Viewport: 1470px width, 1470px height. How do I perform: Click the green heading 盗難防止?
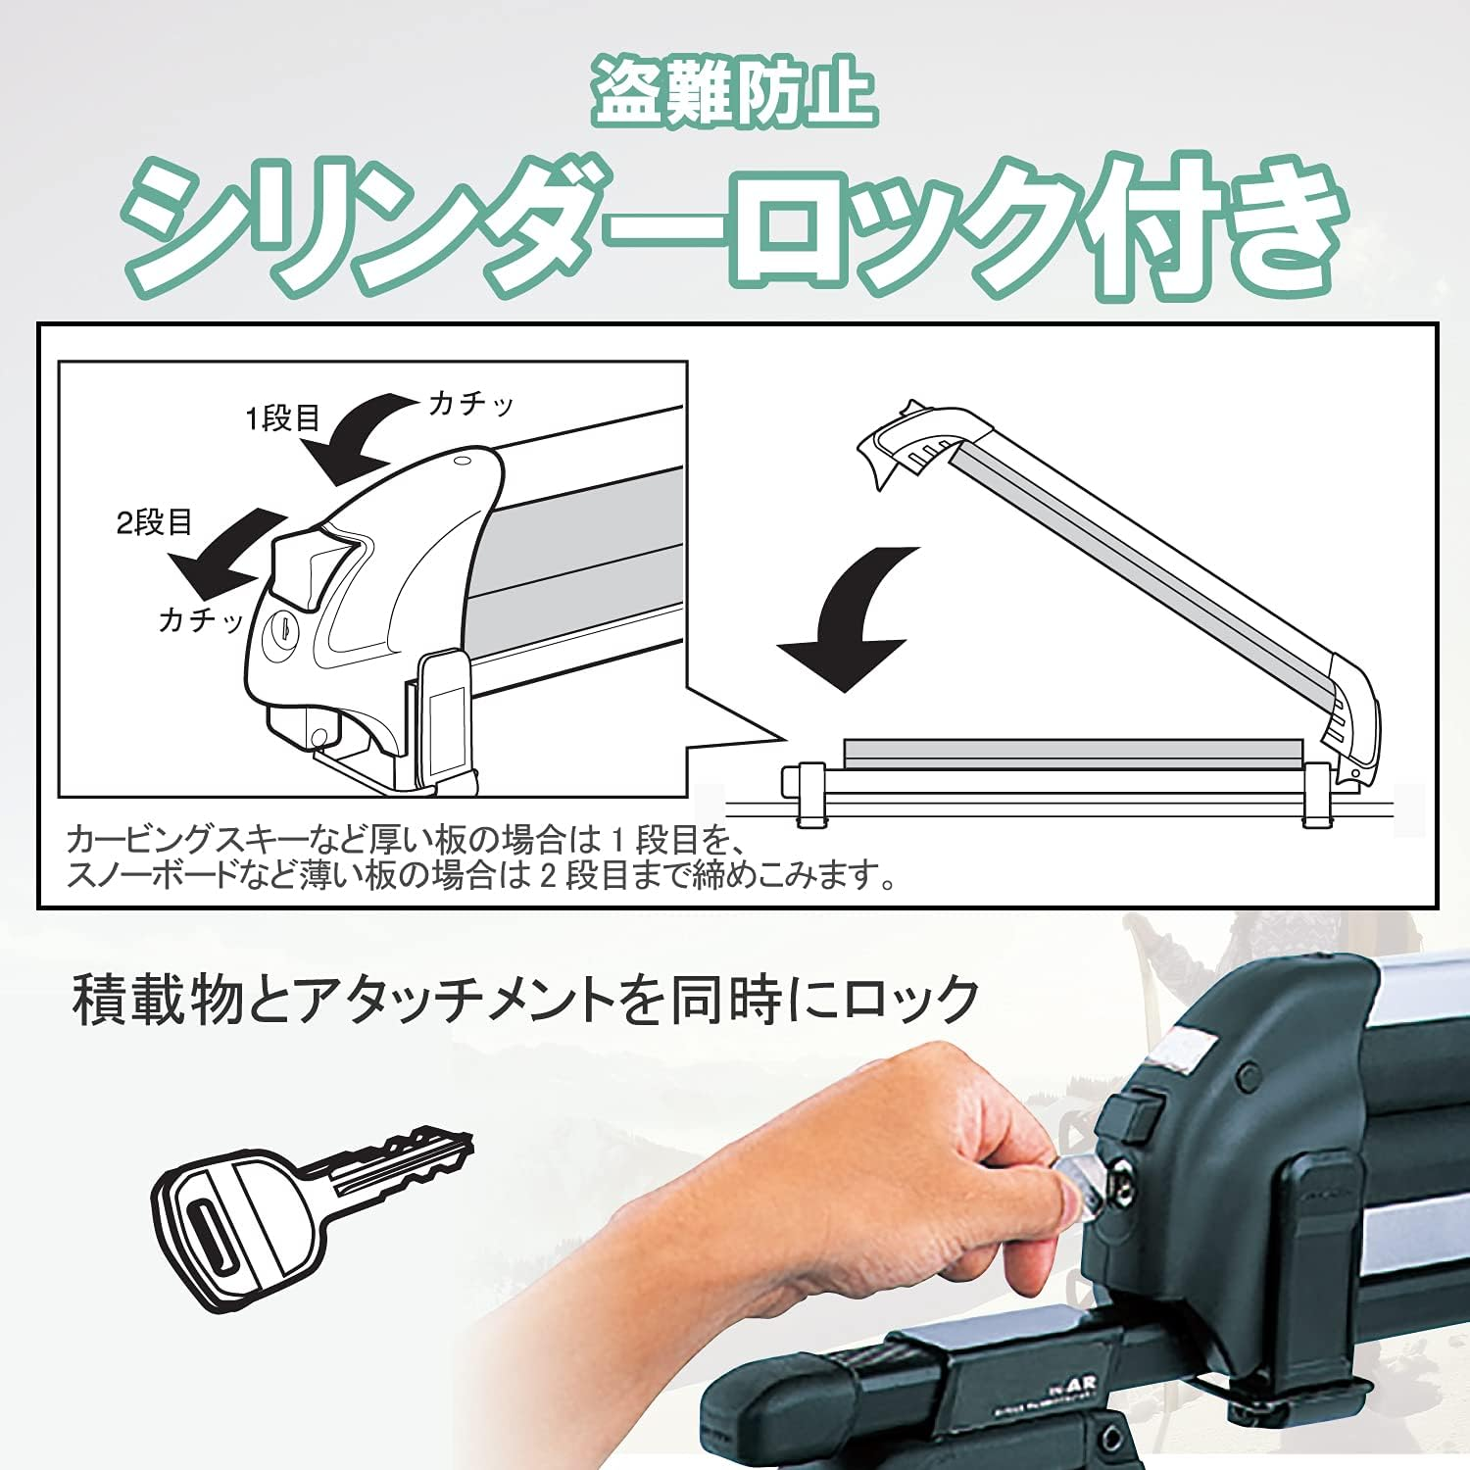(x=733, y=93)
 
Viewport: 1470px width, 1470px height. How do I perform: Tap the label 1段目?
(x=282, y=418)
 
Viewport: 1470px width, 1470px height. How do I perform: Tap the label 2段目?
(x=154, y=522)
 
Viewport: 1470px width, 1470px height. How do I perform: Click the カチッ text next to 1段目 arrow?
(x=471, y=404)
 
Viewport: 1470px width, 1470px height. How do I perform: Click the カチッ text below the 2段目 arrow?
(x=201, y=619)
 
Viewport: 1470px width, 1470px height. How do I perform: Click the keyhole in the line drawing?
(x=281, y=629)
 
